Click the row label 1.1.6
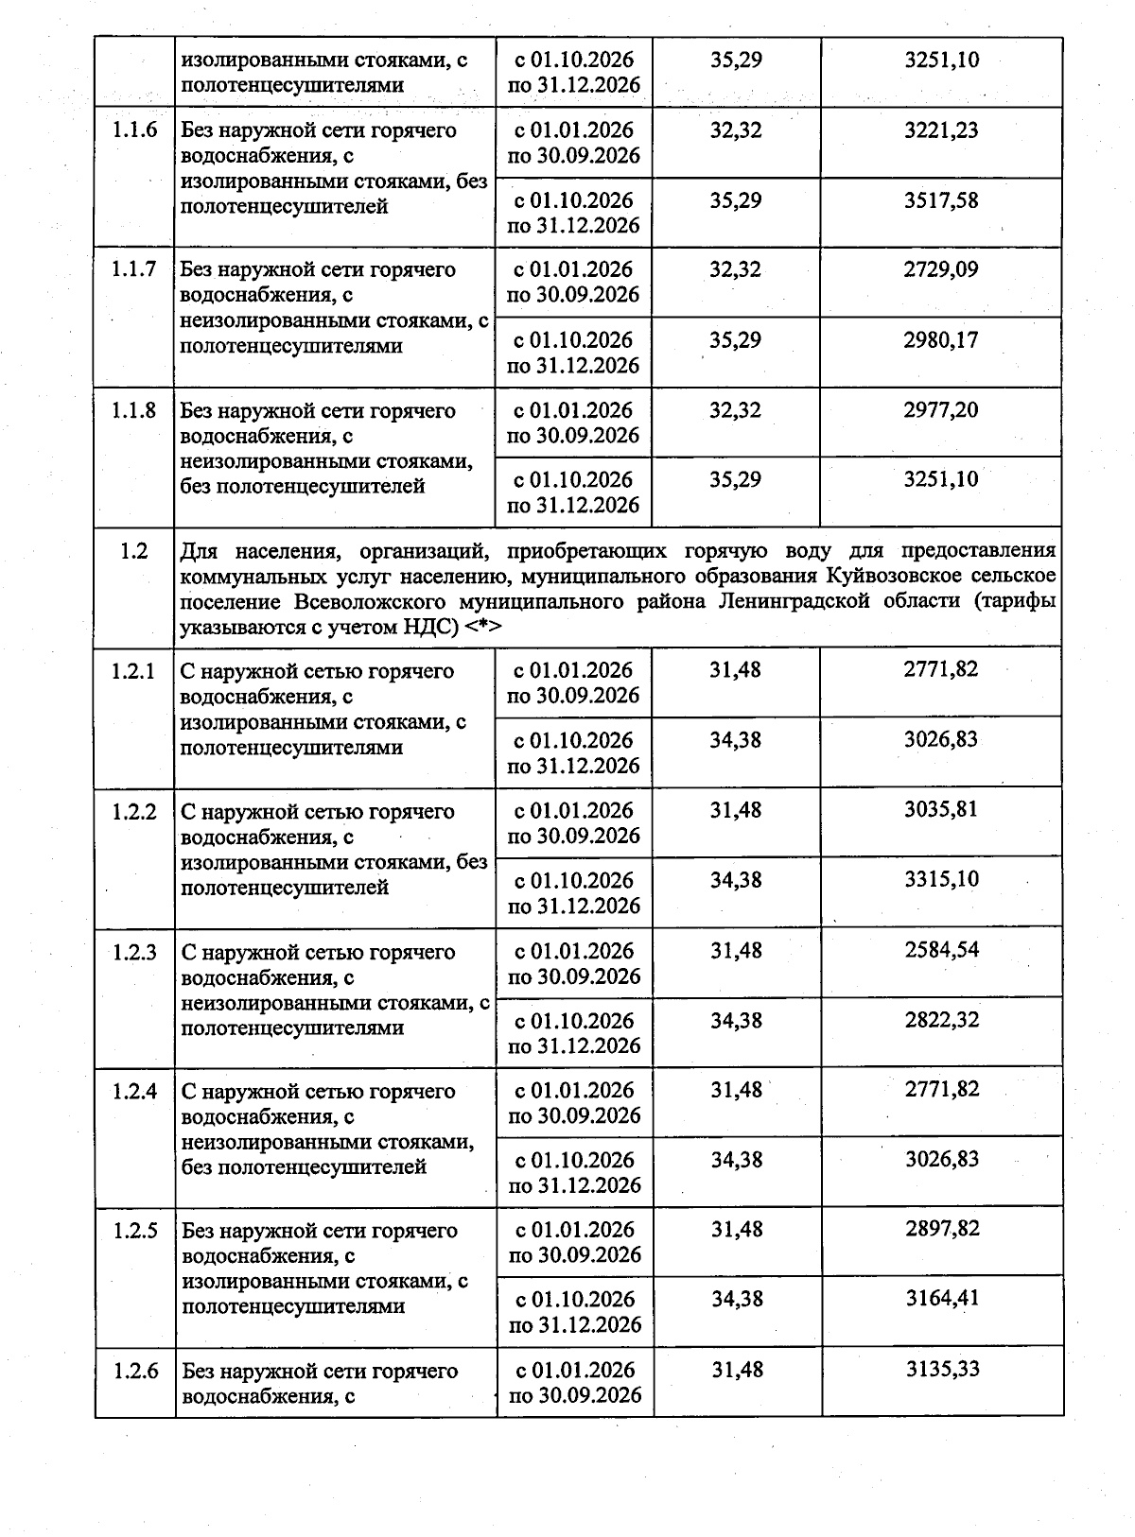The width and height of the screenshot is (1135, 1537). [x=134, y=130]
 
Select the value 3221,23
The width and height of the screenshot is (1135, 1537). [x=941, y=130]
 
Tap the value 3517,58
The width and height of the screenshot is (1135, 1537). [x=941, y=200]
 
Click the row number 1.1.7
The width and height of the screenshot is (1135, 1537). [x=134, y=270]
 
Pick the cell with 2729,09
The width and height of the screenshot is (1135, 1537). [x=941, y=270]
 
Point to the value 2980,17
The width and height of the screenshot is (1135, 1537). [x=941, y=340]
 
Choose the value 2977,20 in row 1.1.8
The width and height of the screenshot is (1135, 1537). [x=941, y=410]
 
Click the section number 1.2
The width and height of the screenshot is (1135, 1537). [x=134, y=551]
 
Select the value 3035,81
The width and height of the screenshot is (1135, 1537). [x=941, y=810]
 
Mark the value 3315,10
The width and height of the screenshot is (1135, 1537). [x=941, y=880]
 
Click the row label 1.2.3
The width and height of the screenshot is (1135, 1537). [x=134, y=952]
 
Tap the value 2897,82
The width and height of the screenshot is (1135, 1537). [x=941, y=1229]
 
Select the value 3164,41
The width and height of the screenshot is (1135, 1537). [x=941, y=1299]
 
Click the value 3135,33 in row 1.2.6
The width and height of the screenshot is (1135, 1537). [x=941, y=1370]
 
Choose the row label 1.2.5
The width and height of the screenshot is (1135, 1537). [x=134, y=1231]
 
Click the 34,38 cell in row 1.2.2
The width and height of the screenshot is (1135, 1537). [x=736, y=880]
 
